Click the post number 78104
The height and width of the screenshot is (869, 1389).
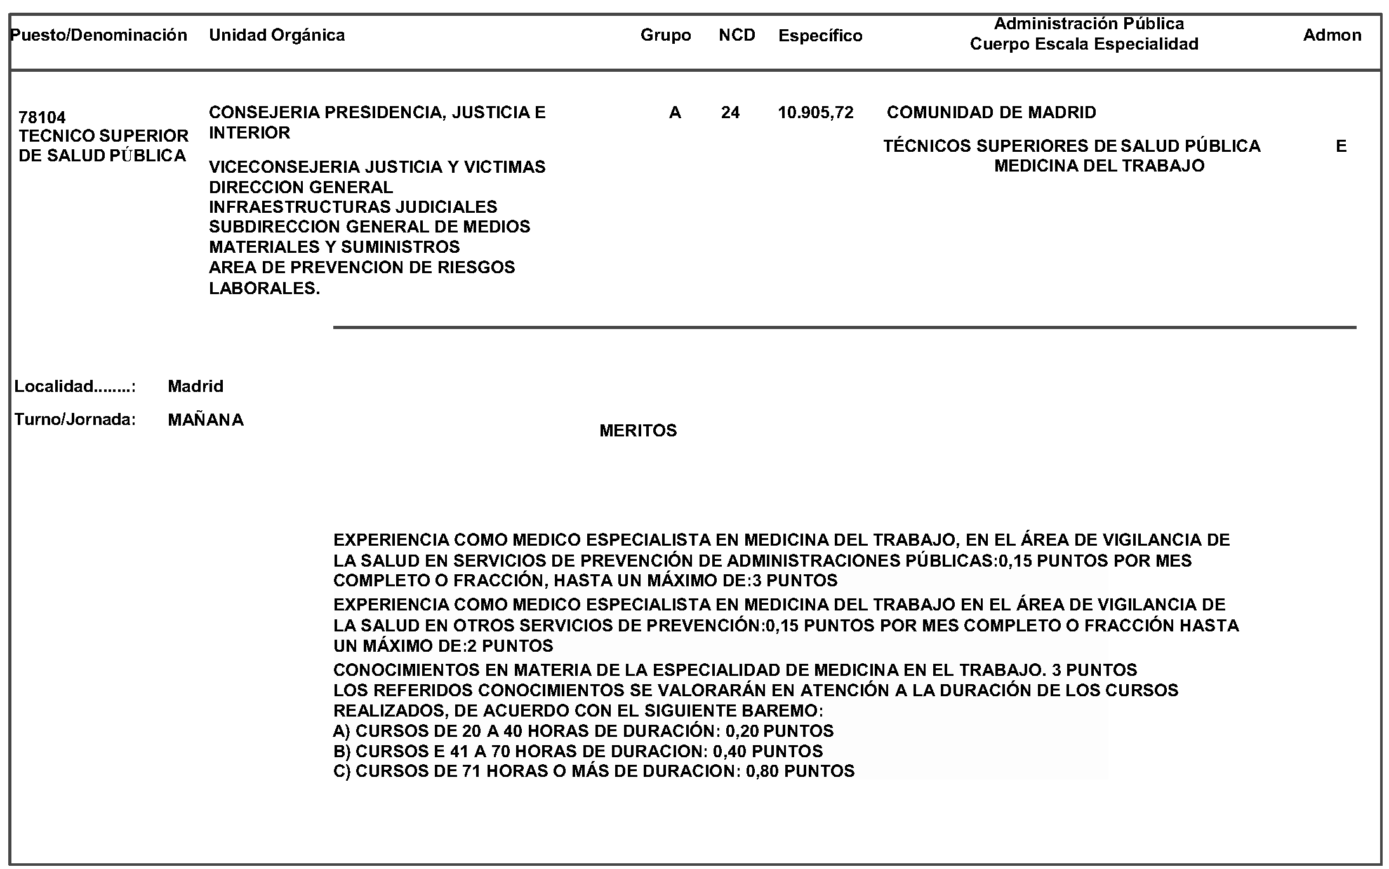[x=42, y=118]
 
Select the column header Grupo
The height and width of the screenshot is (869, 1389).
[x=665, y=35]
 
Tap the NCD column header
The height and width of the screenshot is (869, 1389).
[x=736, y=35]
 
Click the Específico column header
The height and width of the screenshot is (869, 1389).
[x=820, y=36]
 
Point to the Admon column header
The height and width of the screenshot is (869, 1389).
[x=1332, y=35]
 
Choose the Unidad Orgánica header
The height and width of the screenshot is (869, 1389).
[x=277, y=35]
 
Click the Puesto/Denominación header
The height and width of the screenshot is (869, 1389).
[x=99, y=35]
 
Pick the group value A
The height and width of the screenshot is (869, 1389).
[x=675, y=113]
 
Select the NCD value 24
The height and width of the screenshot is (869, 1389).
[x=730, y=113]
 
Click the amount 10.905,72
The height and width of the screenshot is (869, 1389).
[x=816, y=113]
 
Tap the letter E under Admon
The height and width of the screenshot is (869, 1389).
[x=1341, y=147]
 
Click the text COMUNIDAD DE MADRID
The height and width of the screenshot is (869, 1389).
[x=991, y=113]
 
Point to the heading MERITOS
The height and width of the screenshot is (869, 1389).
[x=638, y=431]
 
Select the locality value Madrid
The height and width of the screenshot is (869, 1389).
[x=196, y=386]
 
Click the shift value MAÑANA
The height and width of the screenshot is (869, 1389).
[x=206, y=420]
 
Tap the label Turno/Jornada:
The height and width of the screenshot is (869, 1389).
[x=75, y=420]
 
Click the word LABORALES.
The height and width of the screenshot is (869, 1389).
[x=264, y=288]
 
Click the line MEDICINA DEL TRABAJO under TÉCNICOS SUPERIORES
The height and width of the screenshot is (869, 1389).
[x=1099, y=166]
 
